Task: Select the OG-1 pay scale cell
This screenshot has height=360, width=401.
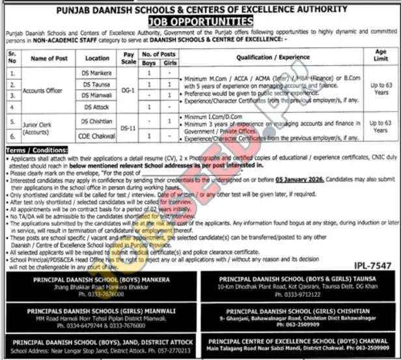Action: click(x=129, y=90)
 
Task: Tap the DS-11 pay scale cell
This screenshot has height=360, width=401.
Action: click(x=129, y=128)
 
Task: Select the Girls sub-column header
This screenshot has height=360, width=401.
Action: click(x=169, y=63)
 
